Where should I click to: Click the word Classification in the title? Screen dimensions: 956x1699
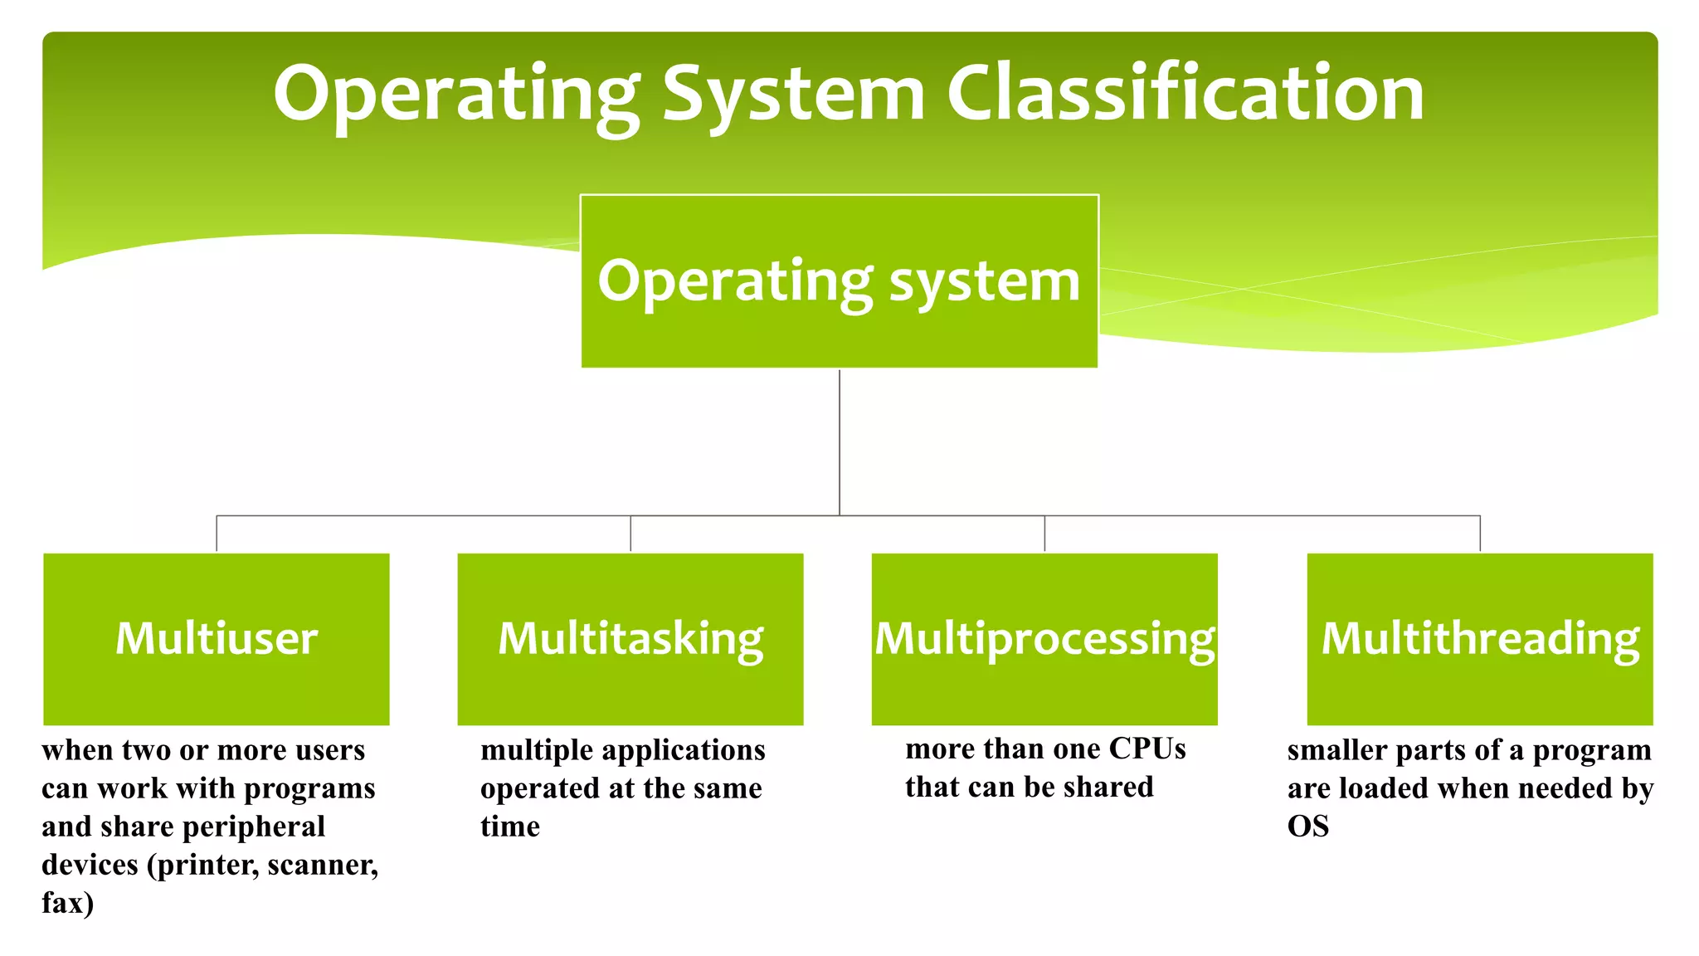(1185, 93)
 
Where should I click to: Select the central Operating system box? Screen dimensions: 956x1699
(839, 281)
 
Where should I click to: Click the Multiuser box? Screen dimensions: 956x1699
(217, 638)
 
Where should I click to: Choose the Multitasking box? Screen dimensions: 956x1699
(630, 638)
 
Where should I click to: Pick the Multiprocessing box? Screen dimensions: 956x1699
(1044, 638)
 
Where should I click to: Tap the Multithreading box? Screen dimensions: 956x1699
(1480, 638)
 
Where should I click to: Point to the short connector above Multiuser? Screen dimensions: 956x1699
(217, 534)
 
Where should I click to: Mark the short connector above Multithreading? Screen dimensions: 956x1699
(1480, 534)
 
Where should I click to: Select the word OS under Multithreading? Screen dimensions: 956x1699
(1308, 827)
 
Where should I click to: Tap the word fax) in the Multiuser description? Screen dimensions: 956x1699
(68, 903)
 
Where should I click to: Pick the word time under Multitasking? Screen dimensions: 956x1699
(510, 827)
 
